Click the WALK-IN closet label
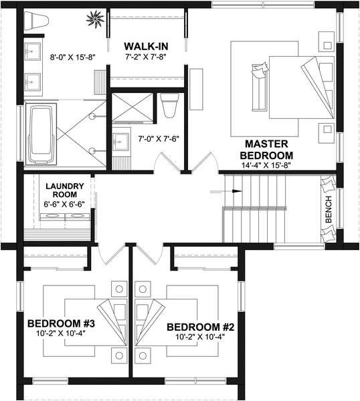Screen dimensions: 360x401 point(146,46)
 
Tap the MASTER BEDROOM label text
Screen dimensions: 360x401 point(266,150)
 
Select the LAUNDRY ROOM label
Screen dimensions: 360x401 point(65,190)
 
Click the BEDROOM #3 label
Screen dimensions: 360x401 point(61,323)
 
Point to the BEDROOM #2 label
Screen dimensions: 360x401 point(201,327)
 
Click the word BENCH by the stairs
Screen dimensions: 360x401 point(329,209)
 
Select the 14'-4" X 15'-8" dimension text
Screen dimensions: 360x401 point(266,165)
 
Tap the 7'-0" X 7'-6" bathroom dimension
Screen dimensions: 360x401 point(159,139)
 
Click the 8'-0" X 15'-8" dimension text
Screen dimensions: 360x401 point(73,57)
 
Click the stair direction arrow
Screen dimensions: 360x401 point(226,191)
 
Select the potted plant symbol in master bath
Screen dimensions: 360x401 point(95,19)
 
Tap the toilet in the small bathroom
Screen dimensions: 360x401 point(169,106)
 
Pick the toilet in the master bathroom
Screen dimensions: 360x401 point(36,20)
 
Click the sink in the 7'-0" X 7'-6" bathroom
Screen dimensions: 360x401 point(120,142)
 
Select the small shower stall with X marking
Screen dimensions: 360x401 point(132,106)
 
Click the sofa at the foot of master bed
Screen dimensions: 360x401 point(260,87)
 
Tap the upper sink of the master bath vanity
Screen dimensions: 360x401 point(32,51)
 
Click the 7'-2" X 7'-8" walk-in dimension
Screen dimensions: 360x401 point(146,57)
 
